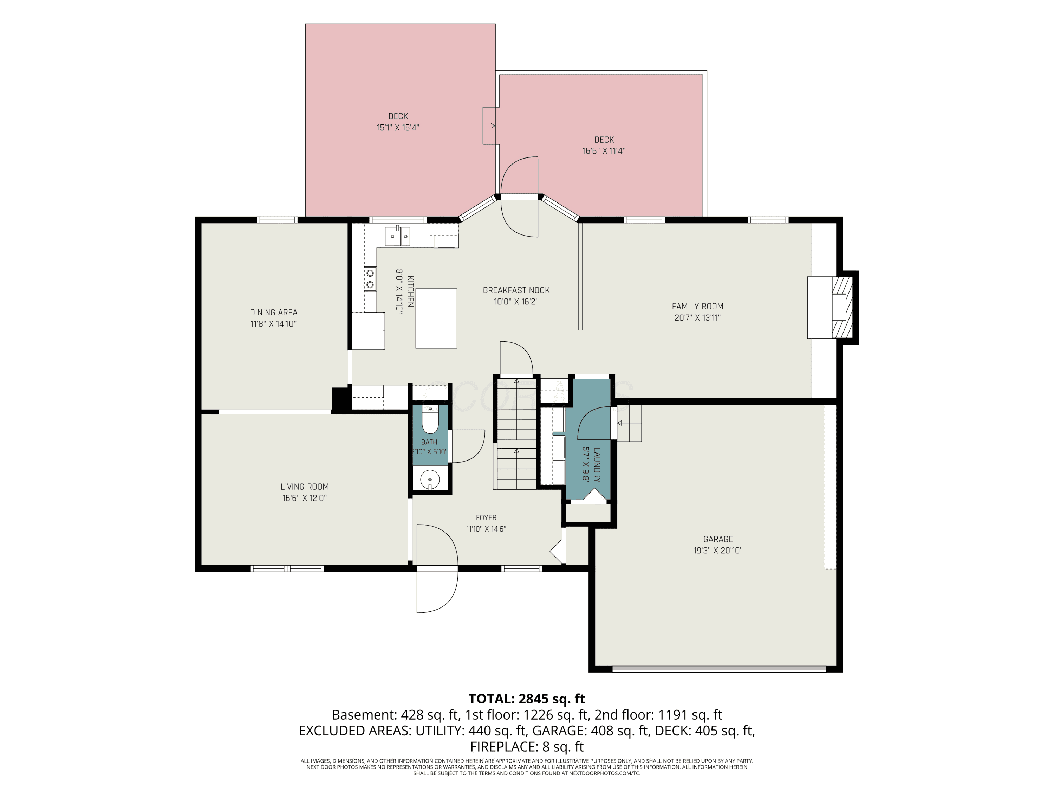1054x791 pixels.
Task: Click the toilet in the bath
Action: pyautogui.click(x=430, y=419)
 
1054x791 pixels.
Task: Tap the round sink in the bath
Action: pyautogui.click(x=430, y=479)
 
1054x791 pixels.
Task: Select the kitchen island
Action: pyautogui.click(x=436, y=318)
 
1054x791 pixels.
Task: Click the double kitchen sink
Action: pyautogui.click(x=397, y=236)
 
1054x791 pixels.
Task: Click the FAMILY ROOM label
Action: pyautogui.click(x=698, y=307)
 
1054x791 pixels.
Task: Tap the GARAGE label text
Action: pyautogui.click(x=718, y=539)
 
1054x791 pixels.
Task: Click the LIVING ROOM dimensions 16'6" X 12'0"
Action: pyautogui.click(x=305, y=498)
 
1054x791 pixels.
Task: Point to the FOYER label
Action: pyautogui.click(x=486, y=518)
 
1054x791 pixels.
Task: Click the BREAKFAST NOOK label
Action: pyautogui.click(x=516, y=290)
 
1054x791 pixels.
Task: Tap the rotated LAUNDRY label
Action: pyautogui.click(x=597, y=464)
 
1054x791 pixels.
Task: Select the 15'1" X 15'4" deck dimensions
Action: pyautogui.click(x=398, y=128)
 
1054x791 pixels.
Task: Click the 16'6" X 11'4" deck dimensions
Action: pyautogui.click(x=604, y=151)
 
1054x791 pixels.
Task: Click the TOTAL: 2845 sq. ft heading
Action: pyautogui.click(x=527, y=699)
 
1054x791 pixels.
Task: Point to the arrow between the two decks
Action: pyautogui.click(x=489, y=126)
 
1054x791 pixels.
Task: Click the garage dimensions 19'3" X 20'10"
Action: pyautogui.click(x=718, y=551)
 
